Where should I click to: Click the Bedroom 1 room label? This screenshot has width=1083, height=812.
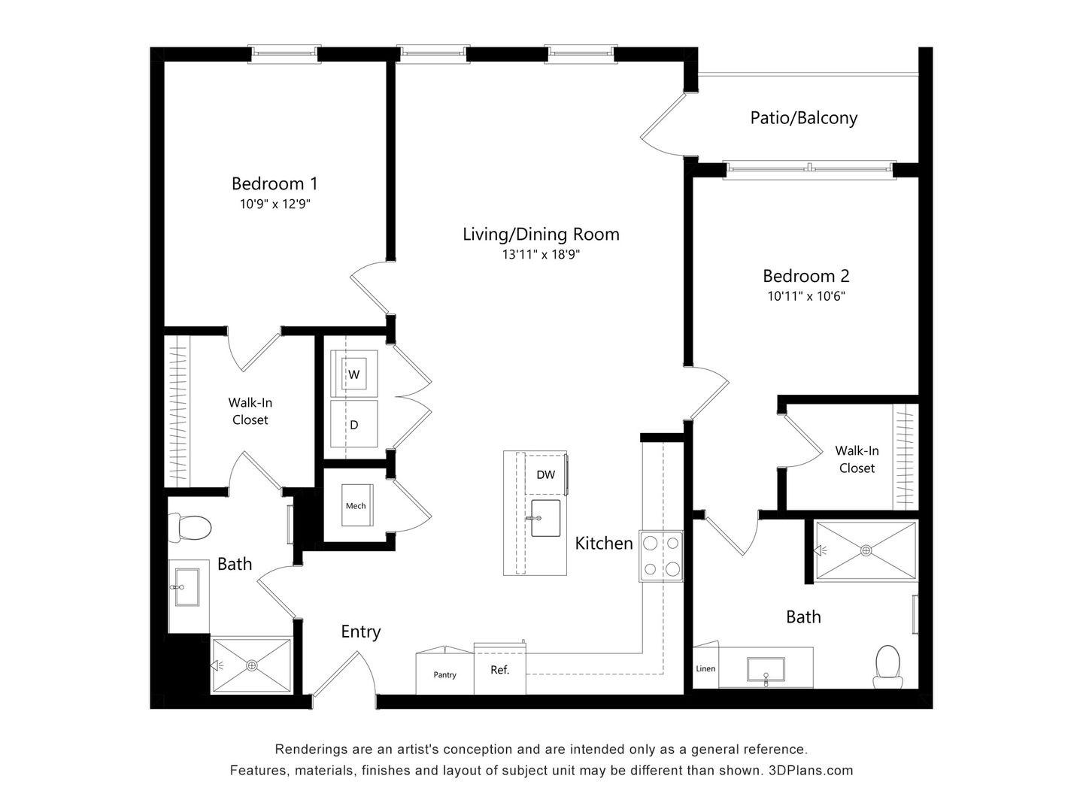click(275, 183)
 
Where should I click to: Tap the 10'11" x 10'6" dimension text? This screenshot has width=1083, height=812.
click(806, 296)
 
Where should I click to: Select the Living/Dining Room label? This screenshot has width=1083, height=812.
click(541, 234)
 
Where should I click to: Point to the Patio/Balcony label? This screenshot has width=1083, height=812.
click(803, 118)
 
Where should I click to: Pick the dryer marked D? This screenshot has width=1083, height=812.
click(353, 424)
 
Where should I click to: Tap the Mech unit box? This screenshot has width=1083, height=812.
click(356, 505)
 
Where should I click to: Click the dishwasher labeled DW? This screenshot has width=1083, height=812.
click(545, 474)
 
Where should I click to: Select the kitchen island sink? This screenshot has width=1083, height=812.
click(545, 518)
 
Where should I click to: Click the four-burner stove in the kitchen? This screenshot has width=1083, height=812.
click(661, 556)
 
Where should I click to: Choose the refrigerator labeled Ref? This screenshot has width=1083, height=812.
click(499, 669)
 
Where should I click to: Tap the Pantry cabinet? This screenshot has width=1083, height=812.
click(444, 674)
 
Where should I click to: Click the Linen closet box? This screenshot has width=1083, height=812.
click(705, 668)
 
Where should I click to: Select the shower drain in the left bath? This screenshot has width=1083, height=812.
click(251, 665)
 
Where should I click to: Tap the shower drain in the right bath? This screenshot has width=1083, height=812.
click(866, 550)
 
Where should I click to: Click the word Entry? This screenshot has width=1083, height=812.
click(360, 632)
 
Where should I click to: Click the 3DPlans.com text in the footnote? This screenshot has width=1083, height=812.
click(811, 771)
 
